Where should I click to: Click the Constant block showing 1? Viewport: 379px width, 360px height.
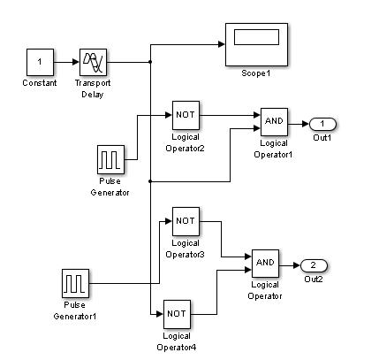click(x=40, y=62)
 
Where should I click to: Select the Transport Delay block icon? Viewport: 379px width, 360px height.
click(x=93, y=62)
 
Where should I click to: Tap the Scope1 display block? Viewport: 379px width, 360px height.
click(x=256, y=44)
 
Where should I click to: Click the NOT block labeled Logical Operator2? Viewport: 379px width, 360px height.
click(x=186, y=115)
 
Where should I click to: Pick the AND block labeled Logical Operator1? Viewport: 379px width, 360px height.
click(x=274, y=122)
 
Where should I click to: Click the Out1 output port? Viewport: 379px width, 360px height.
click(x=322, y=124)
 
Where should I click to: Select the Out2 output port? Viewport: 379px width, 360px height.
click(x=314, y=265)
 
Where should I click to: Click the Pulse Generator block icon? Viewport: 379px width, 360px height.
click(x=110, y=159)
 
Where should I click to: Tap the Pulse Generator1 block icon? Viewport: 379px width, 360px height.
click(x=75, y=283)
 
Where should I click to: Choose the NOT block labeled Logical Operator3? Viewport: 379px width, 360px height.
click(x=186, y=221)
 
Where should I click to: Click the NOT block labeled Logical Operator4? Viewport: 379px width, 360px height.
click(x=177, y=314)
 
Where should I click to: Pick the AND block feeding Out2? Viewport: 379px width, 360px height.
click(x=265, y=264)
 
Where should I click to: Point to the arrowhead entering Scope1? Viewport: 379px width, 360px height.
click(x=222, y=44)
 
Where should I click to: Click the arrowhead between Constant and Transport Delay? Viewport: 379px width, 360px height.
click(x=76, y=62)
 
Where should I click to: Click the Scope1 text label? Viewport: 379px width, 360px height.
click(x=256, y=73)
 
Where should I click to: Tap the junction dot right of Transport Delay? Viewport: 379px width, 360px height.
click(x=150, y=62)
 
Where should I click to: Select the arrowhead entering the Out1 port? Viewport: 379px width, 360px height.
click(x=306, y=124)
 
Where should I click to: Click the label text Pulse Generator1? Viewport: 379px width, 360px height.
click(x=75, y=310)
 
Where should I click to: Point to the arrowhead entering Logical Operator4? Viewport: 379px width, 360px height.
click(x=160, y=314)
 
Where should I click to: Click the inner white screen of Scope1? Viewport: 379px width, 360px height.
click(x=256, y=37)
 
